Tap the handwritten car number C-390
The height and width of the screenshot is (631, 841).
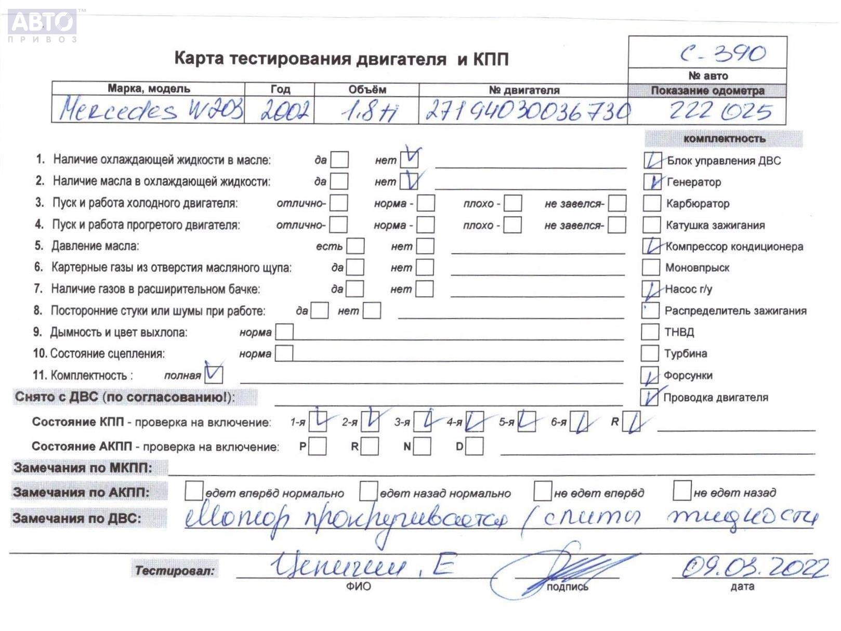tap(722, 53)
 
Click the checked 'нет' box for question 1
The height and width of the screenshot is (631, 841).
tap(410, 159)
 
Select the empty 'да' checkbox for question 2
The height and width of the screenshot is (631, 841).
tap(339, 181)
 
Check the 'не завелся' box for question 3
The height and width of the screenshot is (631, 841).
tap(617, 203)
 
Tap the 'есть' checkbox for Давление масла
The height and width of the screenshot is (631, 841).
tap(356, 246)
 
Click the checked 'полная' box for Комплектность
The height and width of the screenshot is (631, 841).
tap(214, 375)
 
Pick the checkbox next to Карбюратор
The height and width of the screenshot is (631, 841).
tap(651, 203)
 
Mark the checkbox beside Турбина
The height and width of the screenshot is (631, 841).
tap(650, 353)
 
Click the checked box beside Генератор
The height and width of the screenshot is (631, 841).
tap(652, 182)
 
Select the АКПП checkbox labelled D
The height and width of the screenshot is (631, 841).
tap(474, 446)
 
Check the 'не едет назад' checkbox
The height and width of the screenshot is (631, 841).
tap(681, 491)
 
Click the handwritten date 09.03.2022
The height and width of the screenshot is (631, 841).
tap(754, 568)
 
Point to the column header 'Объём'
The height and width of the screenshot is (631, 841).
tap(367, 89)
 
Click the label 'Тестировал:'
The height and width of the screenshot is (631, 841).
tap(175, 571)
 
